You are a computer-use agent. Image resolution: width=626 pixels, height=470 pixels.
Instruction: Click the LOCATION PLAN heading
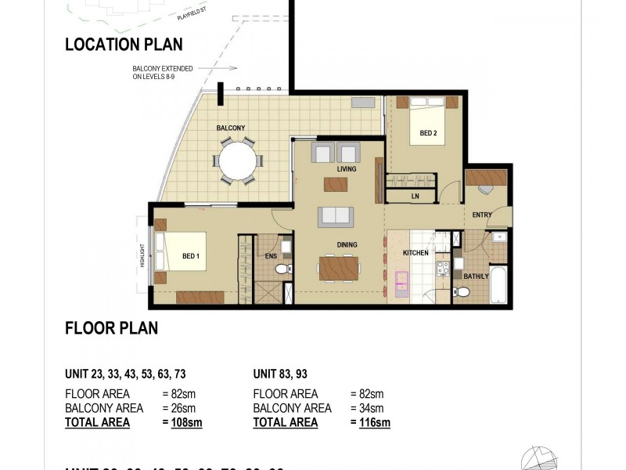point(124,45)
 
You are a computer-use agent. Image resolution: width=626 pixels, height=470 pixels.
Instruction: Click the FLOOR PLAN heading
point(111,328)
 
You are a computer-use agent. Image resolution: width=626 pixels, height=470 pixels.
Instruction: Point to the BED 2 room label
point(428,133)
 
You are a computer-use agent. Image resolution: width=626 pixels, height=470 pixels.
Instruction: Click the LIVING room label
point(346,169)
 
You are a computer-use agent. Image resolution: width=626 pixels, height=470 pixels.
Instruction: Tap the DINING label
point(347,245)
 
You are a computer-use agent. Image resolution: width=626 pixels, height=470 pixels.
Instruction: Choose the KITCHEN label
point(415,254)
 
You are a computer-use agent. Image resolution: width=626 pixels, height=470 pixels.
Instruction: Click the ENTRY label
point(481,215)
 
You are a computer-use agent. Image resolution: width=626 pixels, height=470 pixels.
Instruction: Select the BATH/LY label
point(476,276)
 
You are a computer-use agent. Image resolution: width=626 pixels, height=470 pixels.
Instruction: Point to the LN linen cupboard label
point(415,197)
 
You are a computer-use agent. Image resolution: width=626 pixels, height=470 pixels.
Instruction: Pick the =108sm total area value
point(186,423)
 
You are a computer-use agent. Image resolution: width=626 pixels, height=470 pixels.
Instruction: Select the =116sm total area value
point(369,423)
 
